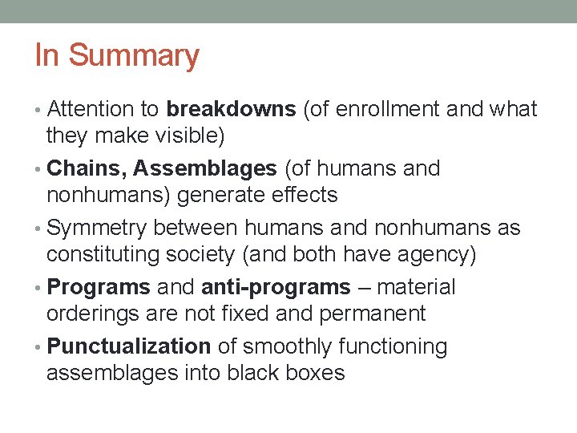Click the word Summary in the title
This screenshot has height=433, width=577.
click(134, 56)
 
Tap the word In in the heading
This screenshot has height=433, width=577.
click(47, 56)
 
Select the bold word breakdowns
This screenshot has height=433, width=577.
click(231, 110)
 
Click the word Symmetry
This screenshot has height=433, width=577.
click(96, 229)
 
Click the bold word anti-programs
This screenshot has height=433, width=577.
click(276, 287)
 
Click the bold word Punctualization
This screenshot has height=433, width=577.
click(129, 347)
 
